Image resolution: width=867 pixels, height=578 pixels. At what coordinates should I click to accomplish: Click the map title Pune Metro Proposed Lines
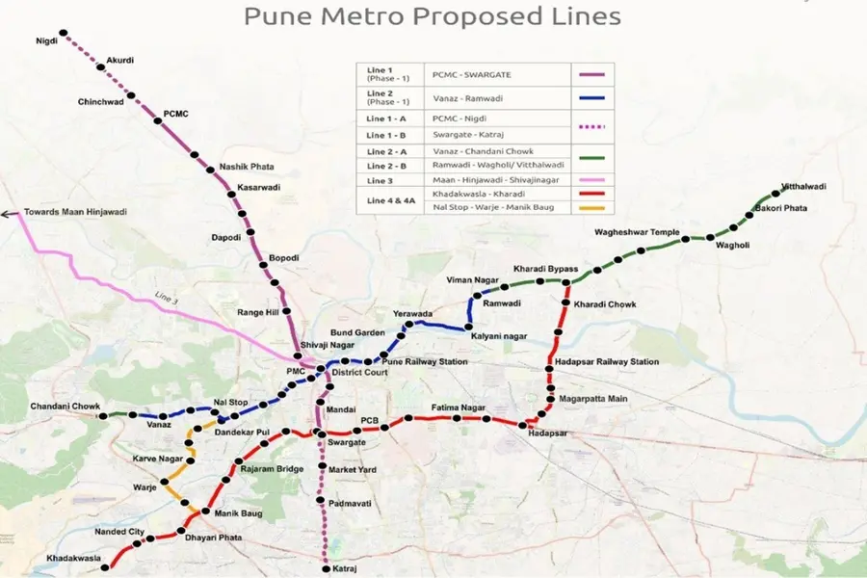point(432,16)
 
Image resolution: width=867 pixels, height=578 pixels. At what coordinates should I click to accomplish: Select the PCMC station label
point(176,114)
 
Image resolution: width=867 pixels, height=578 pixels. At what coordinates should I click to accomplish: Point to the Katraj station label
point(345,569)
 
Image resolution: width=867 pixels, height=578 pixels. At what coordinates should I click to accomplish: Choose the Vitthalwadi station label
point(803,186)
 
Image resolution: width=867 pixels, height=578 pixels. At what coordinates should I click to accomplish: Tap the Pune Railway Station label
point(425,361)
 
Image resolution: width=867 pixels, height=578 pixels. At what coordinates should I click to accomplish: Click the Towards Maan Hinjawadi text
point(75,211)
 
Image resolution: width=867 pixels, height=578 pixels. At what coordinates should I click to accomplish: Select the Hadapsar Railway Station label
point(607,361)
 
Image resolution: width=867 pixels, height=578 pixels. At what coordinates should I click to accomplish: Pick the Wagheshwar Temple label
point(637,232)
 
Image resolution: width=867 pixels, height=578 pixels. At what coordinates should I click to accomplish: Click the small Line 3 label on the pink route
point(166,296)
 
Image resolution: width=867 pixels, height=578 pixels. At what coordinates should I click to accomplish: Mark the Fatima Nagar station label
point(458,407)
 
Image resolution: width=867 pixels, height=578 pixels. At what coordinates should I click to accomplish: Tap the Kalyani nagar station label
point(499,335)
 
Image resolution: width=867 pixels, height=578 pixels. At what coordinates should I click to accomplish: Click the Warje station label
point(144,488)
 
